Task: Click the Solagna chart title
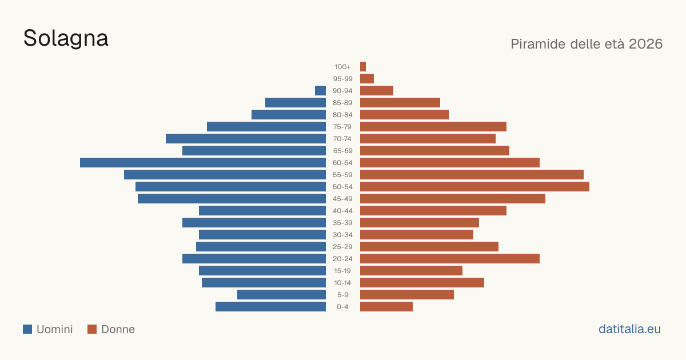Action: [66, 39]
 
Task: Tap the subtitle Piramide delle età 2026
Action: [587, 44]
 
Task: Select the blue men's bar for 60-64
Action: [203, 162]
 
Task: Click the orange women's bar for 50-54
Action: [474, 187]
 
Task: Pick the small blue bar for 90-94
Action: [320, 91]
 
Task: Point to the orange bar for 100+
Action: [363, 66]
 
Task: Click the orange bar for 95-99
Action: [367, 79]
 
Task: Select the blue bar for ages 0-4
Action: [271, 307]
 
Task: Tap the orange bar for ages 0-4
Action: [386, 307]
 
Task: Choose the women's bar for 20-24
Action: [450, 259]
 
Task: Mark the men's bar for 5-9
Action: [281, 295]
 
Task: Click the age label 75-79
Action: [342, 127]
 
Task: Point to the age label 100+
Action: [342, 67]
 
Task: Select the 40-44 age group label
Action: [342, 211]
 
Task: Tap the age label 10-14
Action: [342, 283]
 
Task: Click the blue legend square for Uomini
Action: [27, 329]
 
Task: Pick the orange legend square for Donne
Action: [92, 329]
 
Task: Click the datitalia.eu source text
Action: [629, 329]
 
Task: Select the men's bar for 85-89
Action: [296, 102]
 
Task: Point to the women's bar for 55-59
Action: [472, 174]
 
